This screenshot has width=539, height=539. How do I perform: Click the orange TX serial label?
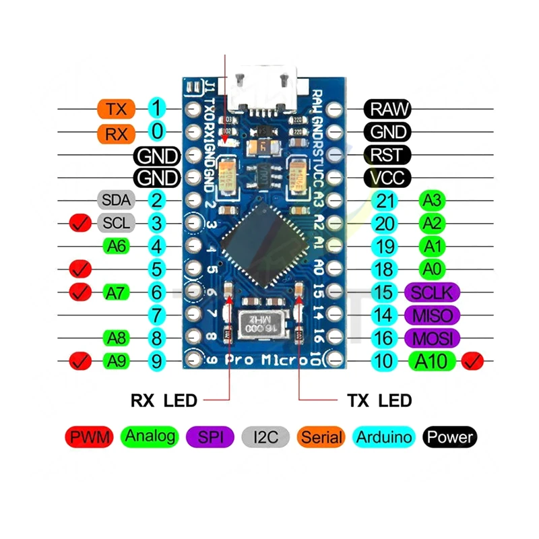pyautogui.click(x=117, y=108)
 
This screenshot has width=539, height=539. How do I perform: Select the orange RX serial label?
pyautogui.click(x=117, y=133)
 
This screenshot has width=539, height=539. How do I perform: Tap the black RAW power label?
pyautogui.click(x=387, y=108)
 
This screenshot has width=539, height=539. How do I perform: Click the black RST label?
pyautogui.click(x=387, y=154)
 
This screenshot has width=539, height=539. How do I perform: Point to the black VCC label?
pyautogui.click(x=387, y=178)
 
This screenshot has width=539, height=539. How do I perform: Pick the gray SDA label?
pyautogui.click(x=116, y=200)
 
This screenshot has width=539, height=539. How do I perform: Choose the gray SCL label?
pyautogui.click(x=116, y=222)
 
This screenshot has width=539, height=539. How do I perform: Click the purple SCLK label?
pyautogui.click(x=433, y=292)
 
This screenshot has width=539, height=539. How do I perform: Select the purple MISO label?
pyautogui.click(x=433, y=315)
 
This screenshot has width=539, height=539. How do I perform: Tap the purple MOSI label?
pyautogui.click(x=433, y=338)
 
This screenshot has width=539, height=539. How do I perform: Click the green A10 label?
pyautogui.click(x=431, y=361)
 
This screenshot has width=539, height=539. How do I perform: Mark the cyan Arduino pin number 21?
pyautogui.click(x=384, y=200)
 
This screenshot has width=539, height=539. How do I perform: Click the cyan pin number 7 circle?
pyautogui.click(x=156, y=315)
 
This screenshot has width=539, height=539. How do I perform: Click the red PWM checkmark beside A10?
pyautogui.click(x=473, y=361)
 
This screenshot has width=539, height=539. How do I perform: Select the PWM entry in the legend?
pyautogui.click(x=89, y=437)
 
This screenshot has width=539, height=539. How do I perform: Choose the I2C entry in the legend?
pyautogui.click(x=266, y=437)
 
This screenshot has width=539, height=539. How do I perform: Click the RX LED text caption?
pyautogui.click(x=164, y=401)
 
